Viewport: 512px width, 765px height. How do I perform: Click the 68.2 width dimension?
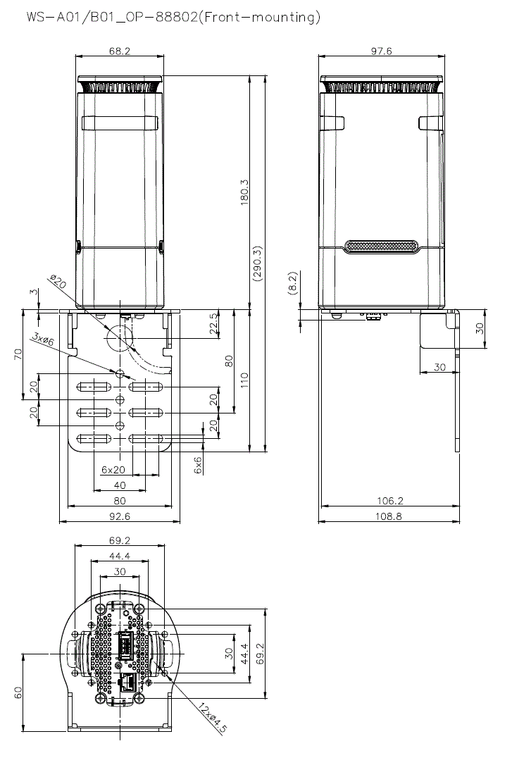click(x=119, y=51)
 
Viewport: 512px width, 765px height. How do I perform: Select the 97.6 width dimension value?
click(x=382, y=51)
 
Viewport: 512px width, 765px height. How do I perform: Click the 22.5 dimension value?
click(x=213, y=325)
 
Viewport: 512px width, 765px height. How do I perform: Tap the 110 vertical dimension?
click(x=244, y=380)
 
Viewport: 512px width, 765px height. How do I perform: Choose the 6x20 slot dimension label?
click(x=113, y=469)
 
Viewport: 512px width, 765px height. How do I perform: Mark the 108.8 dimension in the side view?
click(x=390, y=516)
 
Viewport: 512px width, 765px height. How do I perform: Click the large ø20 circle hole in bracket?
click(x=119, y=337)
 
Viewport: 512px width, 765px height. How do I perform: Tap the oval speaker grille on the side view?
click(x=381, y=247)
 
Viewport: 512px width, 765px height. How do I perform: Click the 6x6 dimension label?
click(x=198, y=463)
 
